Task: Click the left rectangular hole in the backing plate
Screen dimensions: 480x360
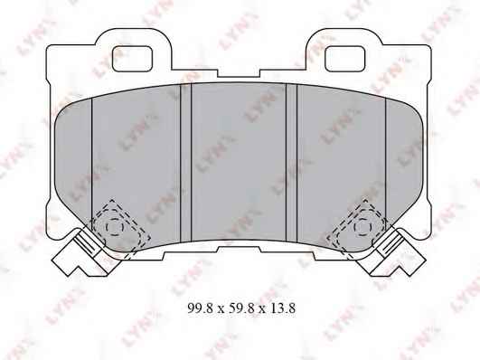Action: click(x=133, y=59)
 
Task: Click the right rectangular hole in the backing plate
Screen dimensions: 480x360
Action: click(x=345, y=59)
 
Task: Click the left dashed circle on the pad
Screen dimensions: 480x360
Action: click(x=115, y=227)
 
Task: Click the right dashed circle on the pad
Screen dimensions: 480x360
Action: click(x=362, y=227)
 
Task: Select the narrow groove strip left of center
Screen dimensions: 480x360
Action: click(x=186, y=163)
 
